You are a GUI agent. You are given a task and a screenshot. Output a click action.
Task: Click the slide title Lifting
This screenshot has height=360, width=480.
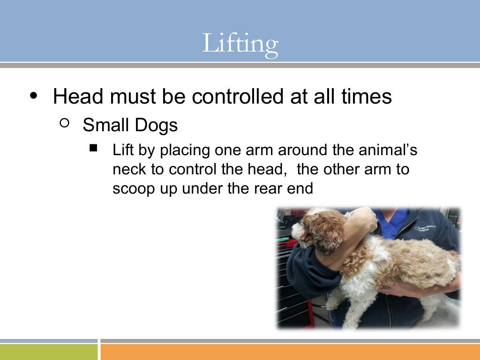coord(240,44)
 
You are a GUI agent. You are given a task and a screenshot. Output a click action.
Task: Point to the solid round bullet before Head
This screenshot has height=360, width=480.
coord(33,95)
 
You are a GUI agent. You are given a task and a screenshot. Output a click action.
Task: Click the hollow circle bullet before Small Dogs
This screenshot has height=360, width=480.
coord(65,124)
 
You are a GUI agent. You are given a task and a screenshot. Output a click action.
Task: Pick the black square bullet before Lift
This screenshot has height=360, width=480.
coord(93,149)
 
